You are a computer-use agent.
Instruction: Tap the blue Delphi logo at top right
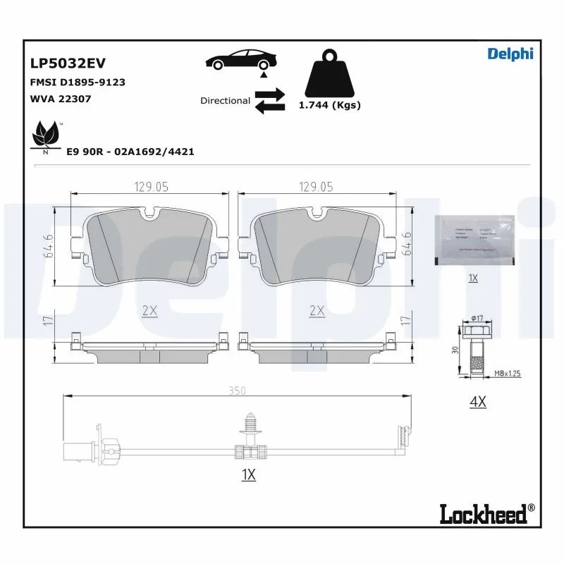[x=510, y=54]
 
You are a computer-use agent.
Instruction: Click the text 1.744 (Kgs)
[x=329, y=105]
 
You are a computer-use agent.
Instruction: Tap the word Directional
[x=225, y=101]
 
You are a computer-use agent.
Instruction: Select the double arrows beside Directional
[x=269, y=100]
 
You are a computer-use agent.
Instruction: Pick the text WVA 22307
[x=60, y=99]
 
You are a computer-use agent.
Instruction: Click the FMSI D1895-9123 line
[x=78, y=82]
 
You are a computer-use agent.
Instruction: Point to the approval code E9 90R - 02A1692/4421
[x=130, y=152]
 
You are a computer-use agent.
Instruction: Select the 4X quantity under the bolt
[x=477, y=402]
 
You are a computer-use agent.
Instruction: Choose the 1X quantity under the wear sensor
[x=247, y=474]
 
